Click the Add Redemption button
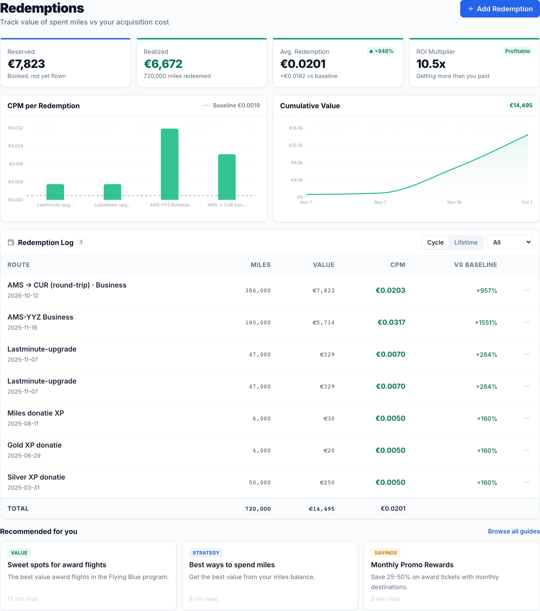[x=500, y=9]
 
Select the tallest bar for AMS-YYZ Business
[x=169, y=164]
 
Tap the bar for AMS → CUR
[x=227, y=177]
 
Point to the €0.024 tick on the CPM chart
[x=16, y=146]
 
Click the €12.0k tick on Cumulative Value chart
[x=296, y=145]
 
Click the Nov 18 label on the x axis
[x=454, y=202]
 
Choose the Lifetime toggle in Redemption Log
[x=466, y=242]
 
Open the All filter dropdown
[x=510, y=242]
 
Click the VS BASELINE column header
[x=476, y=265]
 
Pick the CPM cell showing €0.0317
[x=391, y=322]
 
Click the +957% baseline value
[x=487, y=291]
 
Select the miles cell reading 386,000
[x=258, y=291]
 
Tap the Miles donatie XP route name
[x=36, y=413]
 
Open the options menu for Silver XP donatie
[x=526, y=482]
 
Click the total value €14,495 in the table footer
[x=322, y=509]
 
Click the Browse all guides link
[x=514, y=531]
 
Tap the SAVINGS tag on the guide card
[x=385, y=553]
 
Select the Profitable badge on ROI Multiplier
[x=517, y=51]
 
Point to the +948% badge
[x=381, y=51]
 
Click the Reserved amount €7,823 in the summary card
[x=26, y=64]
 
